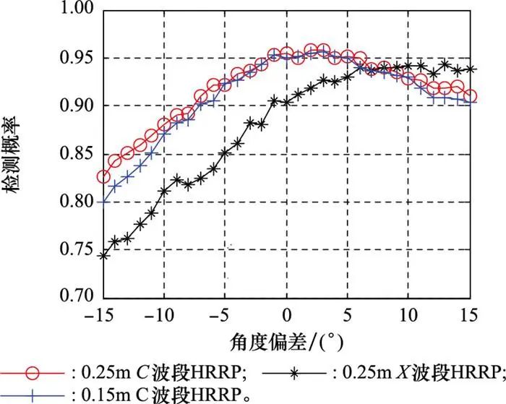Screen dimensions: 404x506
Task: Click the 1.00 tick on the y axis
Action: click(77, 9)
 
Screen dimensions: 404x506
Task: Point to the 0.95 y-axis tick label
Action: click(77, 58)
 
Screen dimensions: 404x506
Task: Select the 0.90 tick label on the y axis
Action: click(77, 106)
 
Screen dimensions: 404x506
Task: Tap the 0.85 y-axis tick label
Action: click(77, 153)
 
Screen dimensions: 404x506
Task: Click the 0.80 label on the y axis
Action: click(77, 202)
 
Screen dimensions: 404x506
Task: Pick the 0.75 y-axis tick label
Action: click(77, 249)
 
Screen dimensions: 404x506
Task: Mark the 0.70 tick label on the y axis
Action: click(77, 297)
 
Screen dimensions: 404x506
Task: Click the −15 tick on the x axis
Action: click(103, 315)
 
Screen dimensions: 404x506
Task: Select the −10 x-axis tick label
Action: click(164, 315)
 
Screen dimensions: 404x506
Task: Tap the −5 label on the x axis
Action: click(225, 315)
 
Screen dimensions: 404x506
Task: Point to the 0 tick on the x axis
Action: click(287, 315)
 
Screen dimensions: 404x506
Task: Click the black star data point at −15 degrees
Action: click(104, 255)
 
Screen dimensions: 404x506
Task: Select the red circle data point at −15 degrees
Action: click(104, 177)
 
